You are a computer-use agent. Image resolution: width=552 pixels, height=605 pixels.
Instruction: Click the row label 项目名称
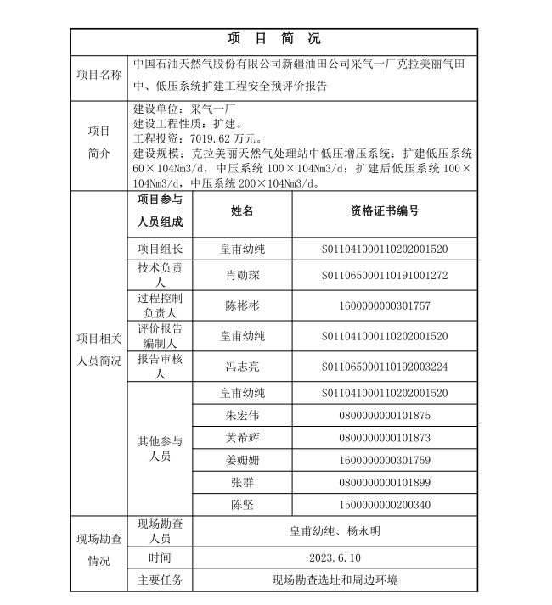pos(99,75)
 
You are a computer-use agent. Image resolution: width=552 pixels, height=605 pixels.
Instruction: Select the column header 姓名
pos(242,211)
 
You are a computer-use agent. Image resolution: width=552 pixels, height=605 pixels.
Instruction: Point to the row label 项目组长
pos(160,249)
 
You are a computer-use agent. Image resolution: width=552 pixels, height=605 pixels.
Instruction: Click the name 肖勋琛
pos(242,275)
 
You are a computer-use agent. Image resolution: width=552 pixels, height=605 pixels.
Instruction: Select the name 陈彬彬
pos(242,305)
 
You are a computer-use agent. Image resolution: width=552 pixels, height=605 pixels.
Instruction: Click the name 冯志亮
pos(242,367)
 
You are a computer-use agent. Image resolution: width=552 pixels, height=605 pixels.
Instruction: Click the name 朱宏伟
pos(242,415)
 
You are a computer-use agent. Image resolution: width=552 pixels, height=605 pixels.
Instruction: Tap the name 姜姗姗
pos(242,461)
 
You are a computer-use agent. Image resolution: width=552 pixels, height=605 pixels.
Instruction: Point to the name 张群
pos(242,483)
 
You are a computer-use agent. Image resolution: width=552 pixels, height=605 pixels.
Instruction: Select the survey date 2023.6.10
pos(335,557)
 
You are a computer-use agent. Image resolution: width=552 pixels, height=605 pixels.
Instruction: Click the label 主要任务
pos(160,580)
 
